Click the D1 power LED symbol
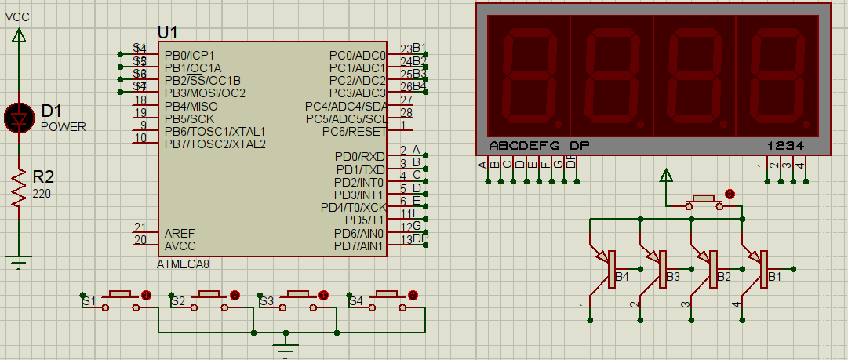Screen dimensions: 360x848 click(x=19, y=117)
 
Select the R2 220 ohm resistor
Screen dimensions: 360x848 click(x=19, y=189)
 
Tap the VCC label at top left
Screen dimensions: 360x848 click(x=18, y=16)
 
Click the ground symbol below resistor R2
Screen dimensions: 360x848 click(x=19, y=260)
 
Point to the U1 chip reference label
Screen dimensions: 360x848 click(x=167, y=32)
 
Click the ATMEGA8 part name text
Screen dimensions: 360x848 click(x=184, y=264)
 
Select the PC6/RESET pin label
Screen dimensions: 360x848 click(x=355, y=131)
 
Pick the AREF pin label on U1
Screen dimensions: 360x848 click(x=180, y=233)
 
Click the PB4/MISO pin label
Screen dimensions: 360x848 click(x=191, y=106)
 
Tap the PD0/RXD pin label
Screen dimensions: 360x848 click(x=360, y=157)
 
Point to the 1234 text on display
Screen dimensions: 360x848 click(x=785, y=146)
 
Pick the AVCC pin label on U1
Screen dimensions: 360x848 click(x=180, y=245)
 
